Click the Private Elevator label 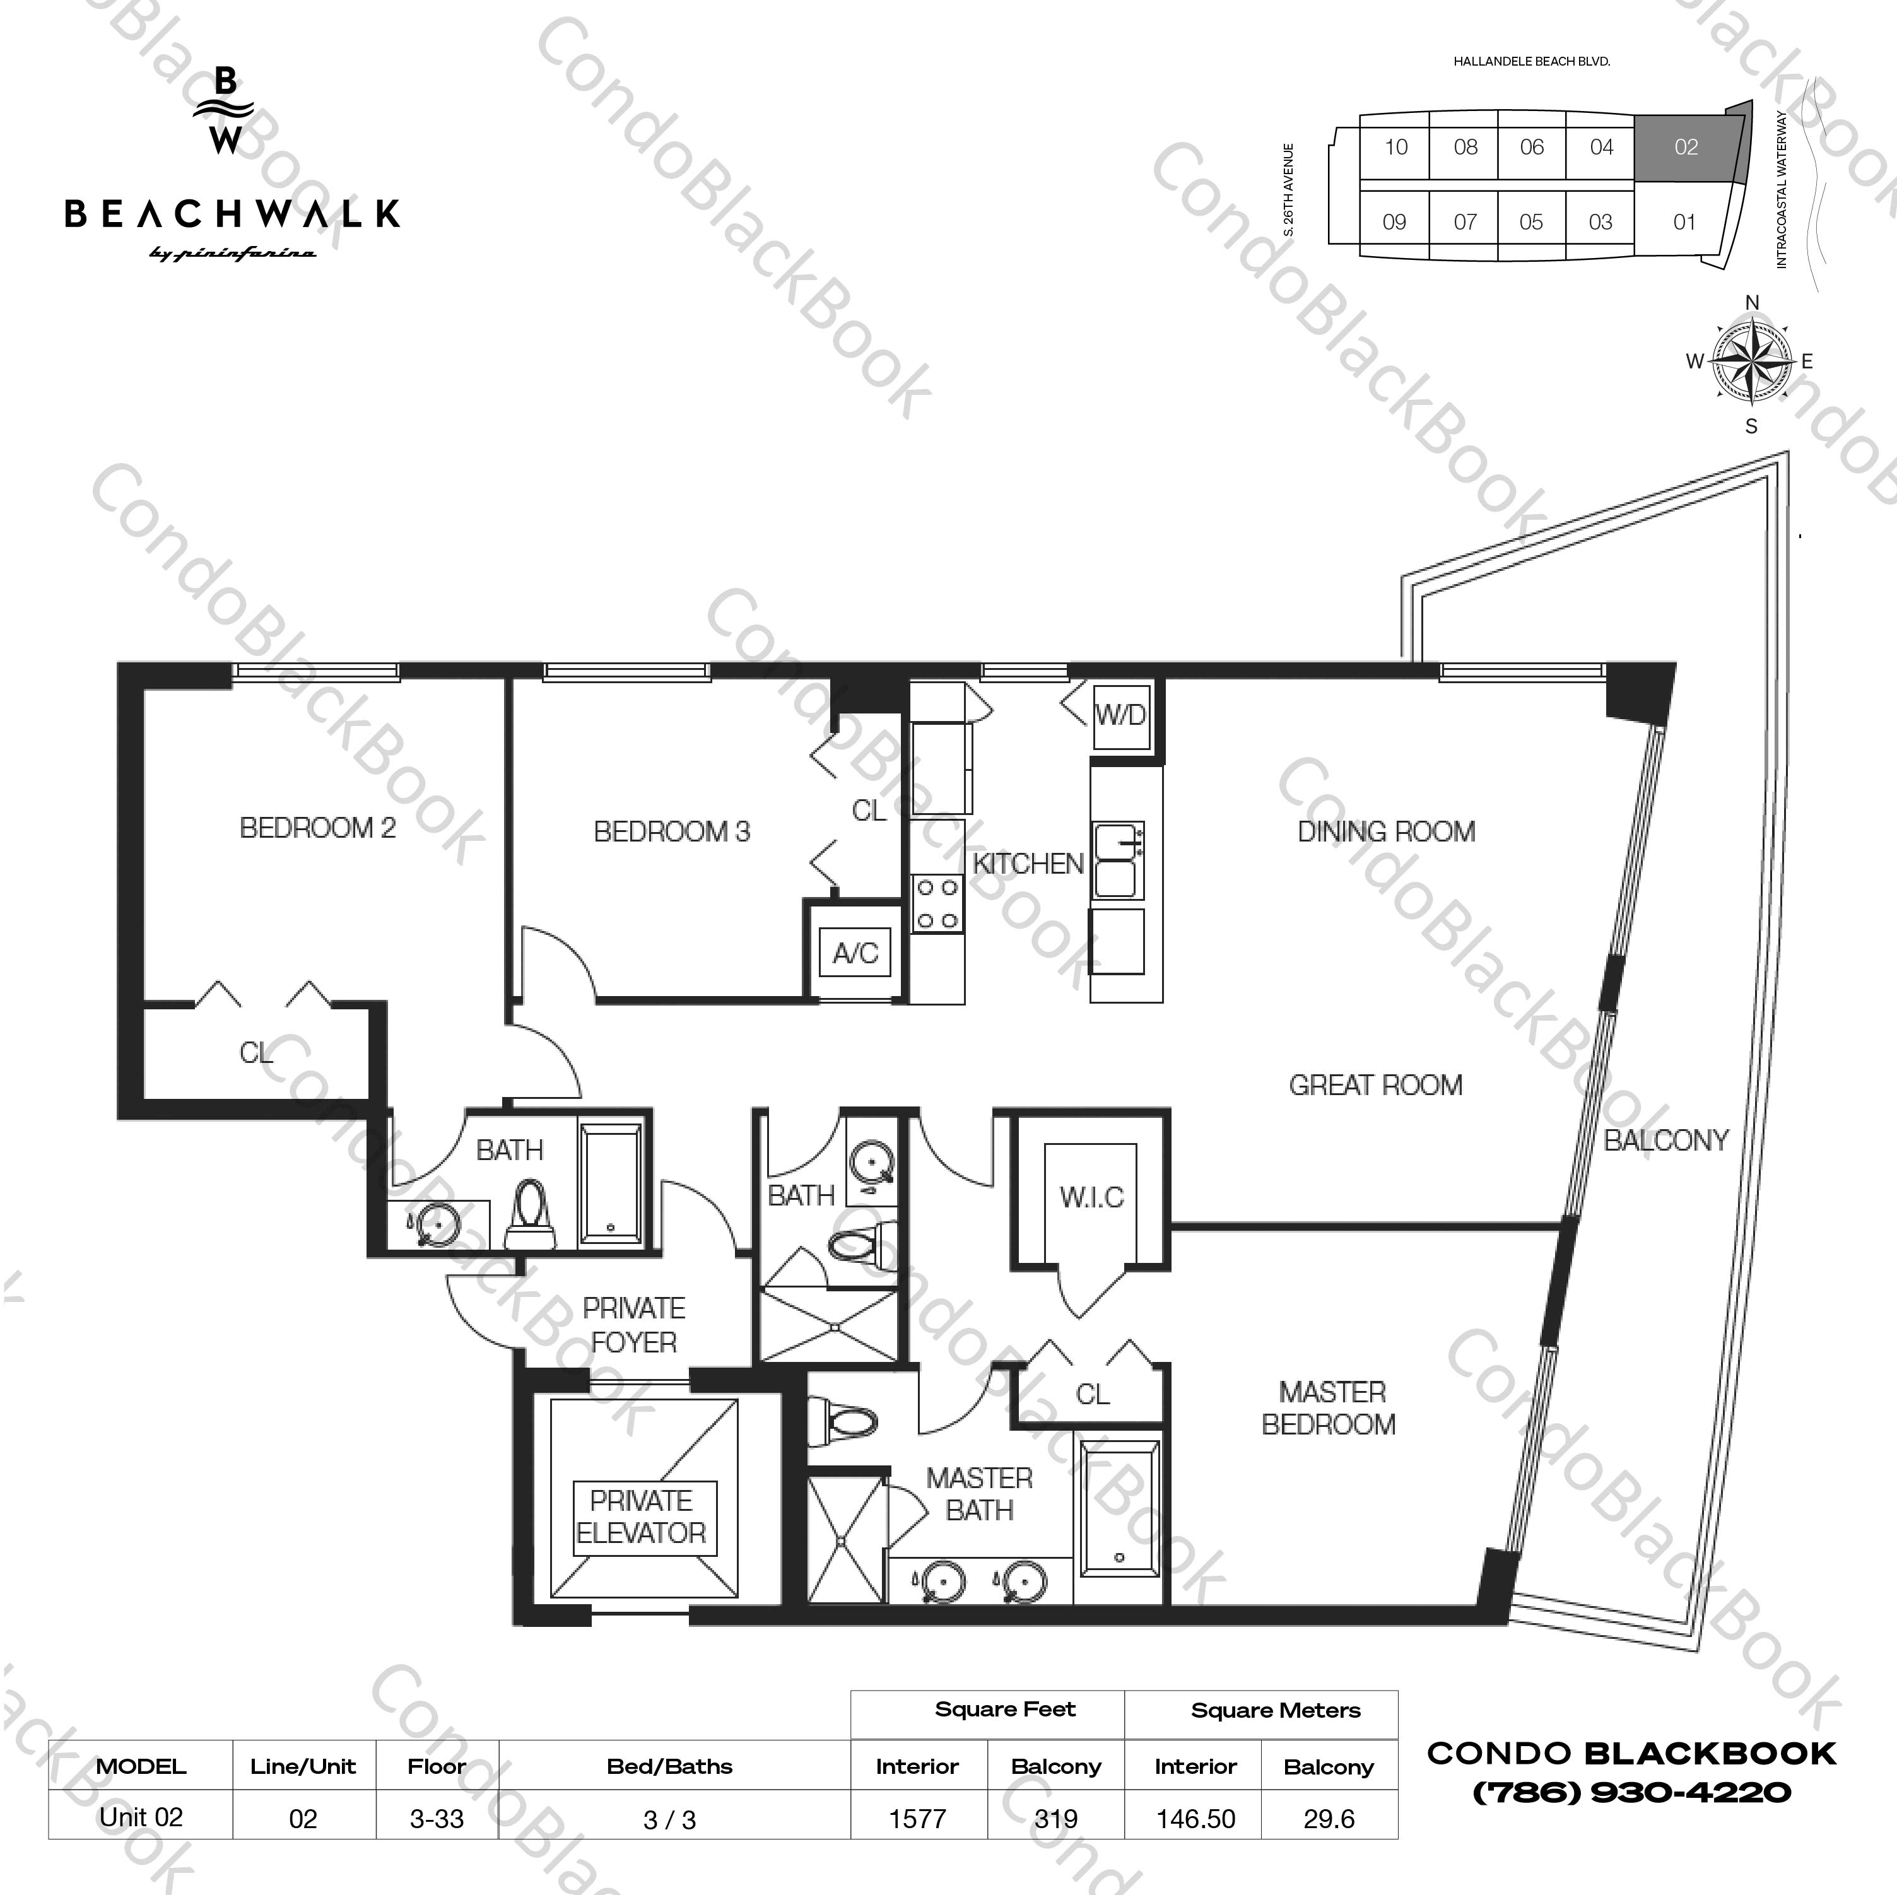click(641, 1517)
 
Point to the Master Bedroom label click(1330, 1408)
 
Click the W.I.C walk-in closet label click(1091, 1197)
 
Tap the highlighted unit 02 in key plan click(1686, 147)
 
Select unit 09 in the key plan click(1394, 222)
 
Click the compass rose click(1752, 362)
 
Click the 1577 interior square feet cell click(917, 1819)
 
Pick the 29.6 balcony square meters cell click(1329, 1819)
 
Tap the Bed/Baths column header click(669, 1766)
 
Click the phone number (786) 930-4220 click(1632, 1792)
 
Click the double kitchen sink click(1117, 860)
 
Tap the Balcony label click(1665, 1140)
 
